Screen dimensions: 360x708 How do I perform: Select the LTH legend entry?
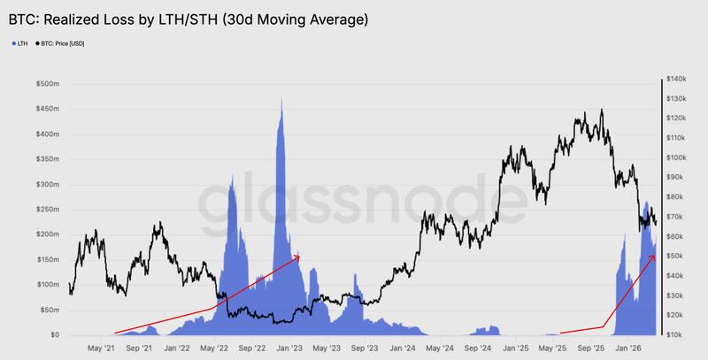click(19, 42)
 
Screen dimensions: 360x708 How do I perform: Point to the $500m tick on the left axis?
click(47, 84)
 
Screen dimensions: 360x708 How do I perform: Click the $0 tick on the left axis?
click(54, 335)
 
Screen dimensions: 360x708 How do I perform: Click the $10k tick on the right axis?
click(681, 334)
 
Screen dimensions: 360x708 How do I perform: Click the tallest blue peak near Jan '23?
click(281, 97)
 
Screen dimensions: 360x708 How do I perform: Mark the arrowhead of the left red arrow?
click(298, 257)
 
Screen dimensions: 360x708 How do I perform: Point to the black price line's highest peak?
click(602, 110)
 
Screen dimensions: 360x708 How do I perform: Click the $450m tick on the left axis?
click(47, 109)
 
